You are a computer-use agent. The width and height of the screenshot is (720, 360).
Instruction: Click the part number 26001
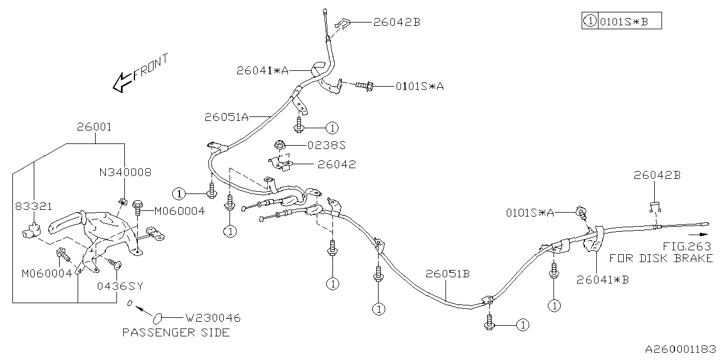[x=94, y=127]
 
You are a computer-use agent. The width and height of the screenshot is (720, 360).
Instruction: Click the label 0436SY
[x=119, y=286]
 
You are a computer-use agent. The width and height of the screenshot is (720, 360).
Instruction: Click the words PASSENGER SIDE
[x=176, y=332]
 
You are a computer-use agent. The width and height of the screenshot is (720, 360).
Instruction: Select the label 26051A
[x=226, y=117]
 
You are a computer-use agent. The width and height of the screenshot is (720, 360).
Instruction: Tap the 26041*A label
[x=262, y=70]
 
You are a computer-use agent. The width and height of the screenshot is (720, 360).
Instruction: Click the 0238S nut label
[x=326, y=145]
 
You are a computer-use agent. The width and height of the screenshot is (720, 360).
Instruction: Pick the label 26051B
[x=447, y=274]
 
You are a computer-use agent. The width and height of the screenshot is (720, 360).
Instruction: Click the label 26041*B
[x=602, y=279]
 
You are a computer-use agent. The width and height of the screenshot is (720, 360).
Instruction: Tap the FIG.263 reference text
[x=686, y=246]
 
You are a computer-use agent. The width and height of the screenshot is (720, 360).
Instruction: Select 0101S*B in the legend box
[x=624, y=22]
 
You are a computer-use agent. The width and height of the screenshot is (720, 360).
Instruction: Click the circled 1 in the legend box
[x=589, y=22]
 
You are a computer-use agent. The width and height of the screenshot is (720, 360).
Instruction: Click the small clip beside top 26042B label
[x=343, y=24]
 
